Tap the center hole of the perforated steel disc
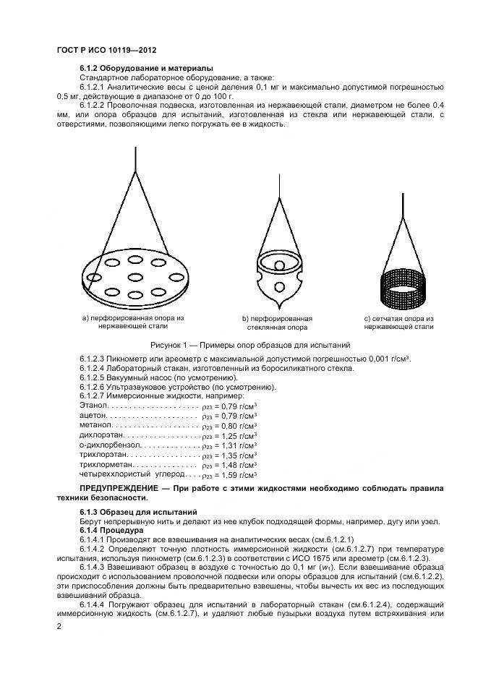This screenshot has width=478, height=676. tap(135, 276)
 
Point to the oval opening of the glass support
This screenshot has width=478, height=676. tap(278, 259)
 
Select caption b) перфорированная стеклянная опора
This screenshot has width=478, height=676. tap(277, 322)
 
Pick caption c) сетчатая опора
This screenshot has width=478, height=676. tap(398, 322)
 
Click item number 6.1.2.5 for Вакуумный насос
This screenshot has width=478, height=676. tap(95, 377)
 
